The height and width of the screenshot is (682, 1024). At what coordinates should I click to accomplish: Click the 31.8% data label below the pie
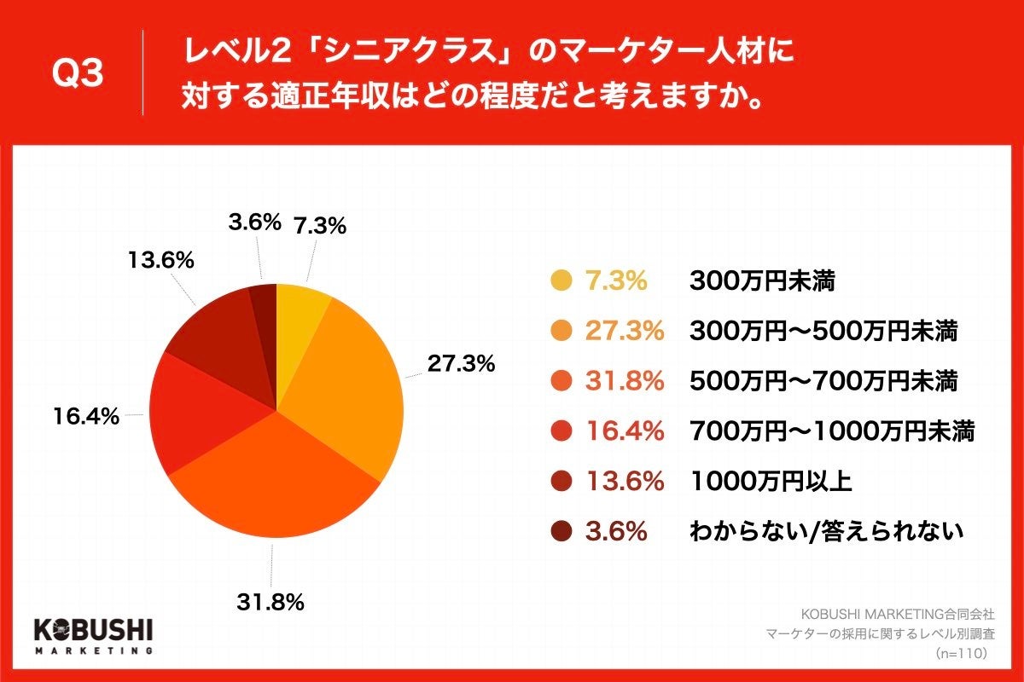click(271, 603)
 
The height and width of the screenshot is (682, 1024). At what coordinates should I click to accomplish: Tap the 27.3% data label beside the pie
click(461, 363)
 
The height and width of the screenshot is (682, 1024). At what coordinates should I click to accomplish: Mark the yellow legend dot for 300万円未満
click(561, 281)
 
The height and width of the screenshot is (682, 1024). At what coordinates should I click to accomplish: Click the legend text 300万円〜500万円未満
click(823, 332)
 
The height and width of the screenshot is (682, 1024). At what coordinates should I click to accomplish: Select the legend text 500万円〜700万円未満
click(823, 382)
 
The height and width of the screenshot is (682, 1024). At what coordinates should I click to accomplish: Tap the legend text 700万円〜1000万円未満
click(831, 432)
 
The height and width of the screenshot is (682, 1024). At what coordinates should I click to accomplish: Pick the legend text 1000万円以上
click(770, 482)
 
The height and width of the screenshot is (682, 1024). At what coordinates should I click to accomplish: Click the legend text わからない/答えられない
click(826, 532)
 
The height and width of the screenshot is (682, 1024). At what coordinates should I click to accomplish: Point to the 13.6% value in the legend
click(624, 482)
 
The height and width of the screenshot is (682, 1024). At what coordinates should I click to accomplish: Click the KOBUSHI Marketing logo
click(93, 635)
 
